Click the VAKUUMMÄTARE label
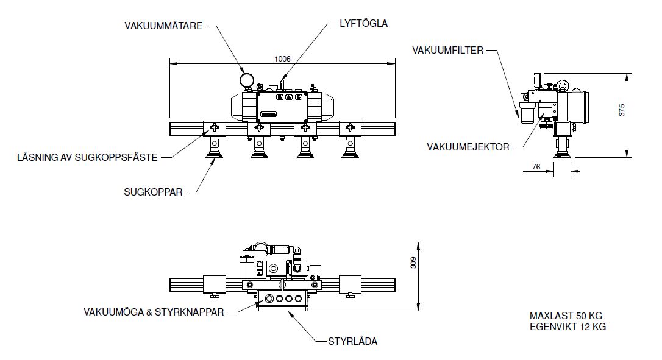pyautogui.click(x=163, y=26)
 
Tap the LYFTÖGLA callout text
pyautogui.click(x=363, y=23)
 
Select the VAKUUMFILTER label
pyautogui.click(x=447, y=50)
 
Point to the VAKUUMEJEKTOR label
pyautogui.click(x=468, y=147)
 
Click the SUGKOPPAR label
pyautogui.click(x=153, y=192)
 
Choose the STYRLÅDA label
pyautogui.click(x=353, y=341)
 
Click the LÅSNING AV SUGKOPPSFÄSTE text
pyautogui.click(x=87, y=157)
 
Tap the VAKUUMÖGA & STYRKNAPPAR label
pyautogui.click(x=154, y=312)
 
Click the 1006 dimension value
pyautogui.click(x=282, y=58)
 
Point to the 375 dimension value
pyautogui.click(x=622, y=110)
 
